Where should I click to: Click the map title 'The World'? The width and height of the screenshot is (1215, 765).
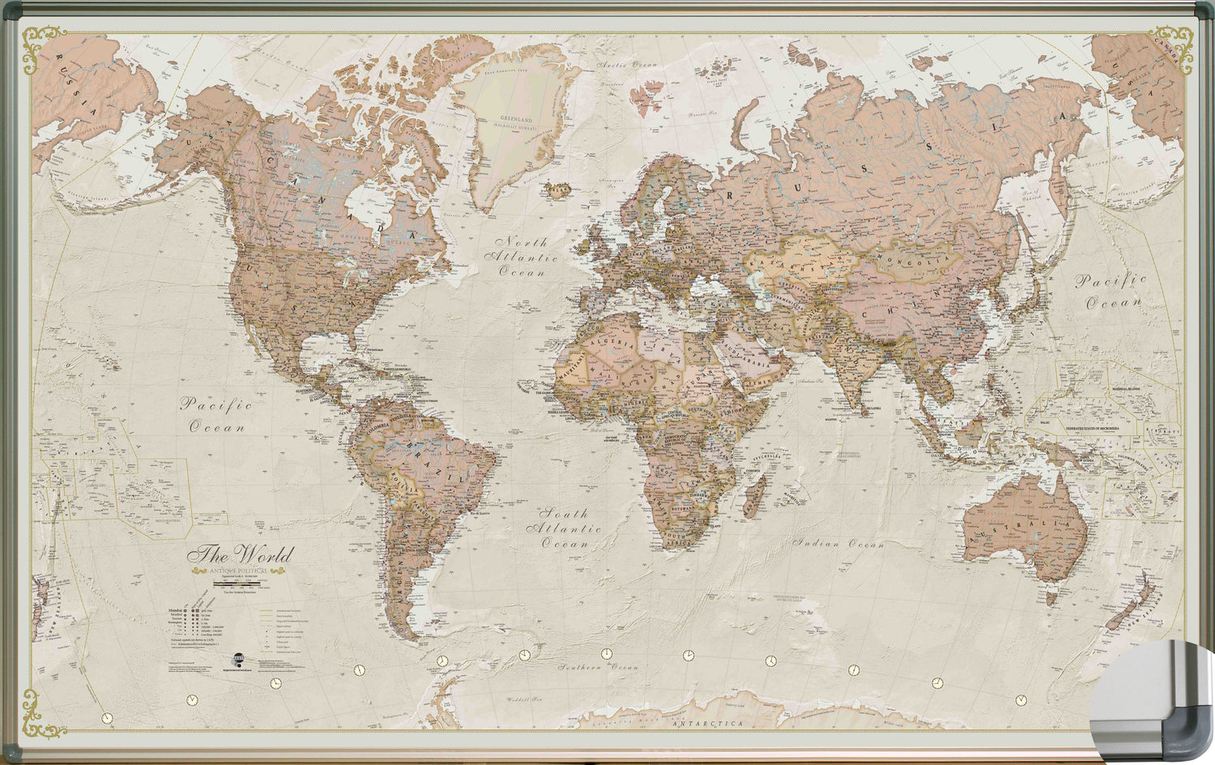coord(240,556)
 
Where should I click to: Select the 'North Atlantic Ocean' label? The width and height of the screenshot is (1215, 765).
coord(522,257)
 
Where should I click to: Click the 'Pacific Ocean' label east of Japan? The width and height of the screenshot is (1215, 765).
coord(1111,292)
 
